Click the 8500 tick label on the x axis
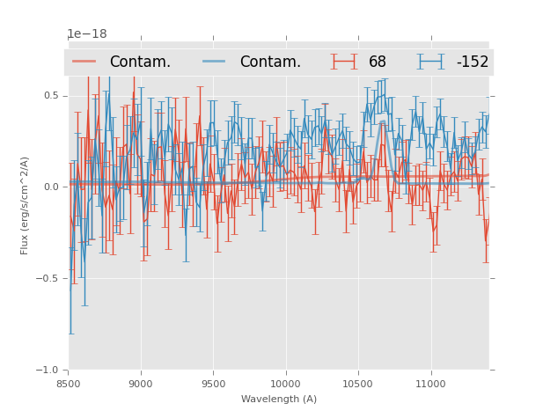click(69, 383)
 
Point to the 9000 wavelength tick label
click(141, 383)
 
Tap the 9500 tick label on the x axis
click(213, 383)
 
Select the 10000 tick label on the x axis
click(285, 383)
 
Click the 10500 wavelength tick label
click(358, 383)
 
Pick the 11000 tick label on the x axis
click(430, 383)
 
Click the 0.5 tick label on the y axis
click(52, 95)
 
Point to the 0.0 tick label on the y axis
click(52, 187)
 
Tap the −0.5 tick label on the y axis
click(49, 278)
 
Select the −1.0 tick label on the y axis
click(49, 370)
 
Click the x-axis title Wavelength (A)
click(279, 399)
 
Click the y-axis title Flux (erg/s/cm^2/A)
click(25, 205)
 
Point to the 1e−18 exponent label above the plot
click(87, 34)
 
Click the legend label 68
click(378, 62)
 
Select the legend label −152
click(472, 62)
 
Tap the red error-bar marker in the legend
click(344, 62)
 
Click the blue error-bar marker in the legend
click(430, 62)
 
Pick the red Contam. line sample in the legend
click(84, 62)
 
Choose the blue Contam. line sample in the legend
click(215, 62)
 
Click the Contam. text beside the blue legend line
click(270, 62)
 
